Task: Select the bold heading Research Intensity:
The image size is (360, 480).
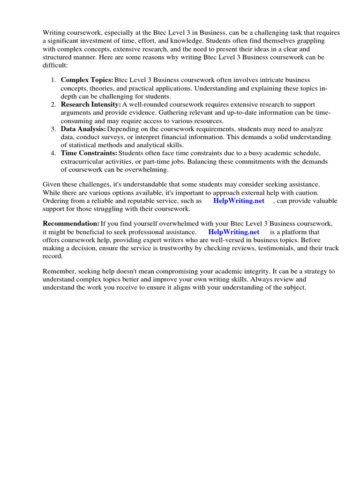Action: point(90,105)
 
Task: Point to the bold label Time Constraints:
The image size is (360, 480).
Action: point(89,153)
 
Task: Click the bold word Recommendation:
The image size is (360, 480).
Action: point(71,224)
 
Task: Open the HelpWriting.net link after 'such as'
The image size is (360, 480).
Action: point(239,201)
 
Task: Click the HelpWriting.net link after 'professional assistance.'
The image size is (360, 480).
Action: point(233,232)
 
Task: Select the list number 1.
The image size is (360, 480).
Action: point(53,80)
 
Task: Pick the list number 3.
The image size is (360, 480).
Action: point(53,129)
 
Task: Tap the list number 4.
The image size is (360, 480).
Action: point(53,153)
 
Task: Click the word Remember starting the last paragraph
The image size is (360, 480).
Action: point(58,271)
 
